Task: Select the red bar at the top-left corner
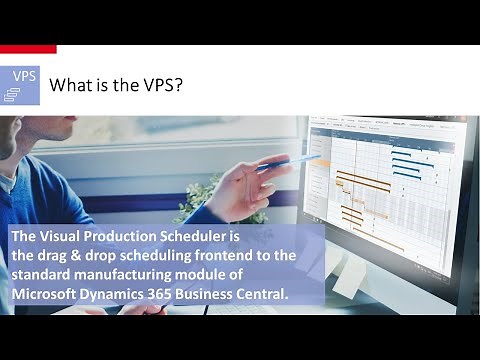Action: click(x=28, y=48)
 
